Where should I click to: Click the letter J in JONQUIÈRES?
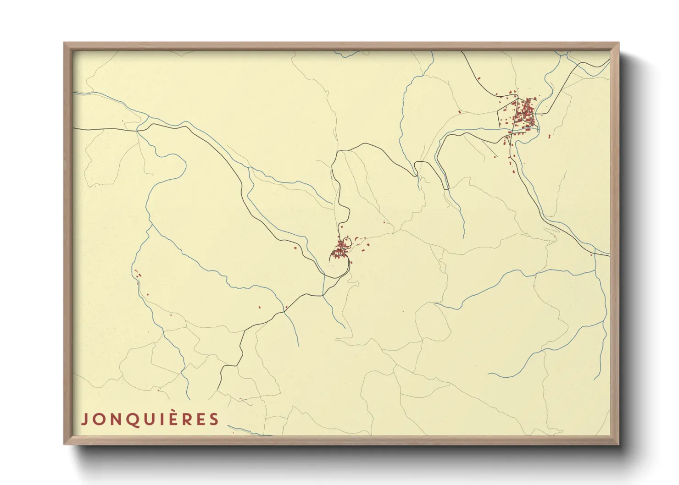pyautogui.click(x=84, y=419)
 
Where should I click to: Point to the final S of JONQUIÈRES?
pyautogui.click(x=214, y=419)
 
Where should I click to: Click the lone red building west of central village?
pyautogui.click(x=295, y=248)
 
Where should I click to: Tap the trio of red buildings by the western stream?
pyautogui.click(x=138, y=275)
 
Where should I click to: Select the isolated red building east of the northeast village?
pyautogui.click(x=549, y=136)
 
